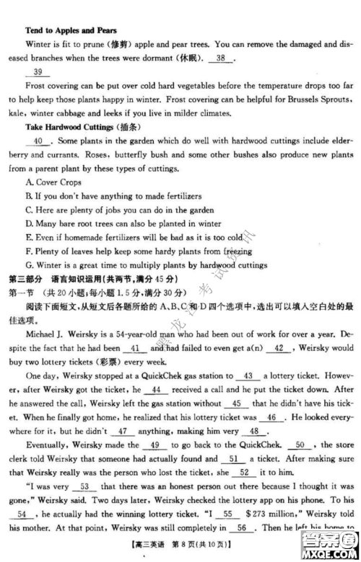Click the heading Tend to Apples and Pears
pyautogui.click(x=70, y=31)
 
